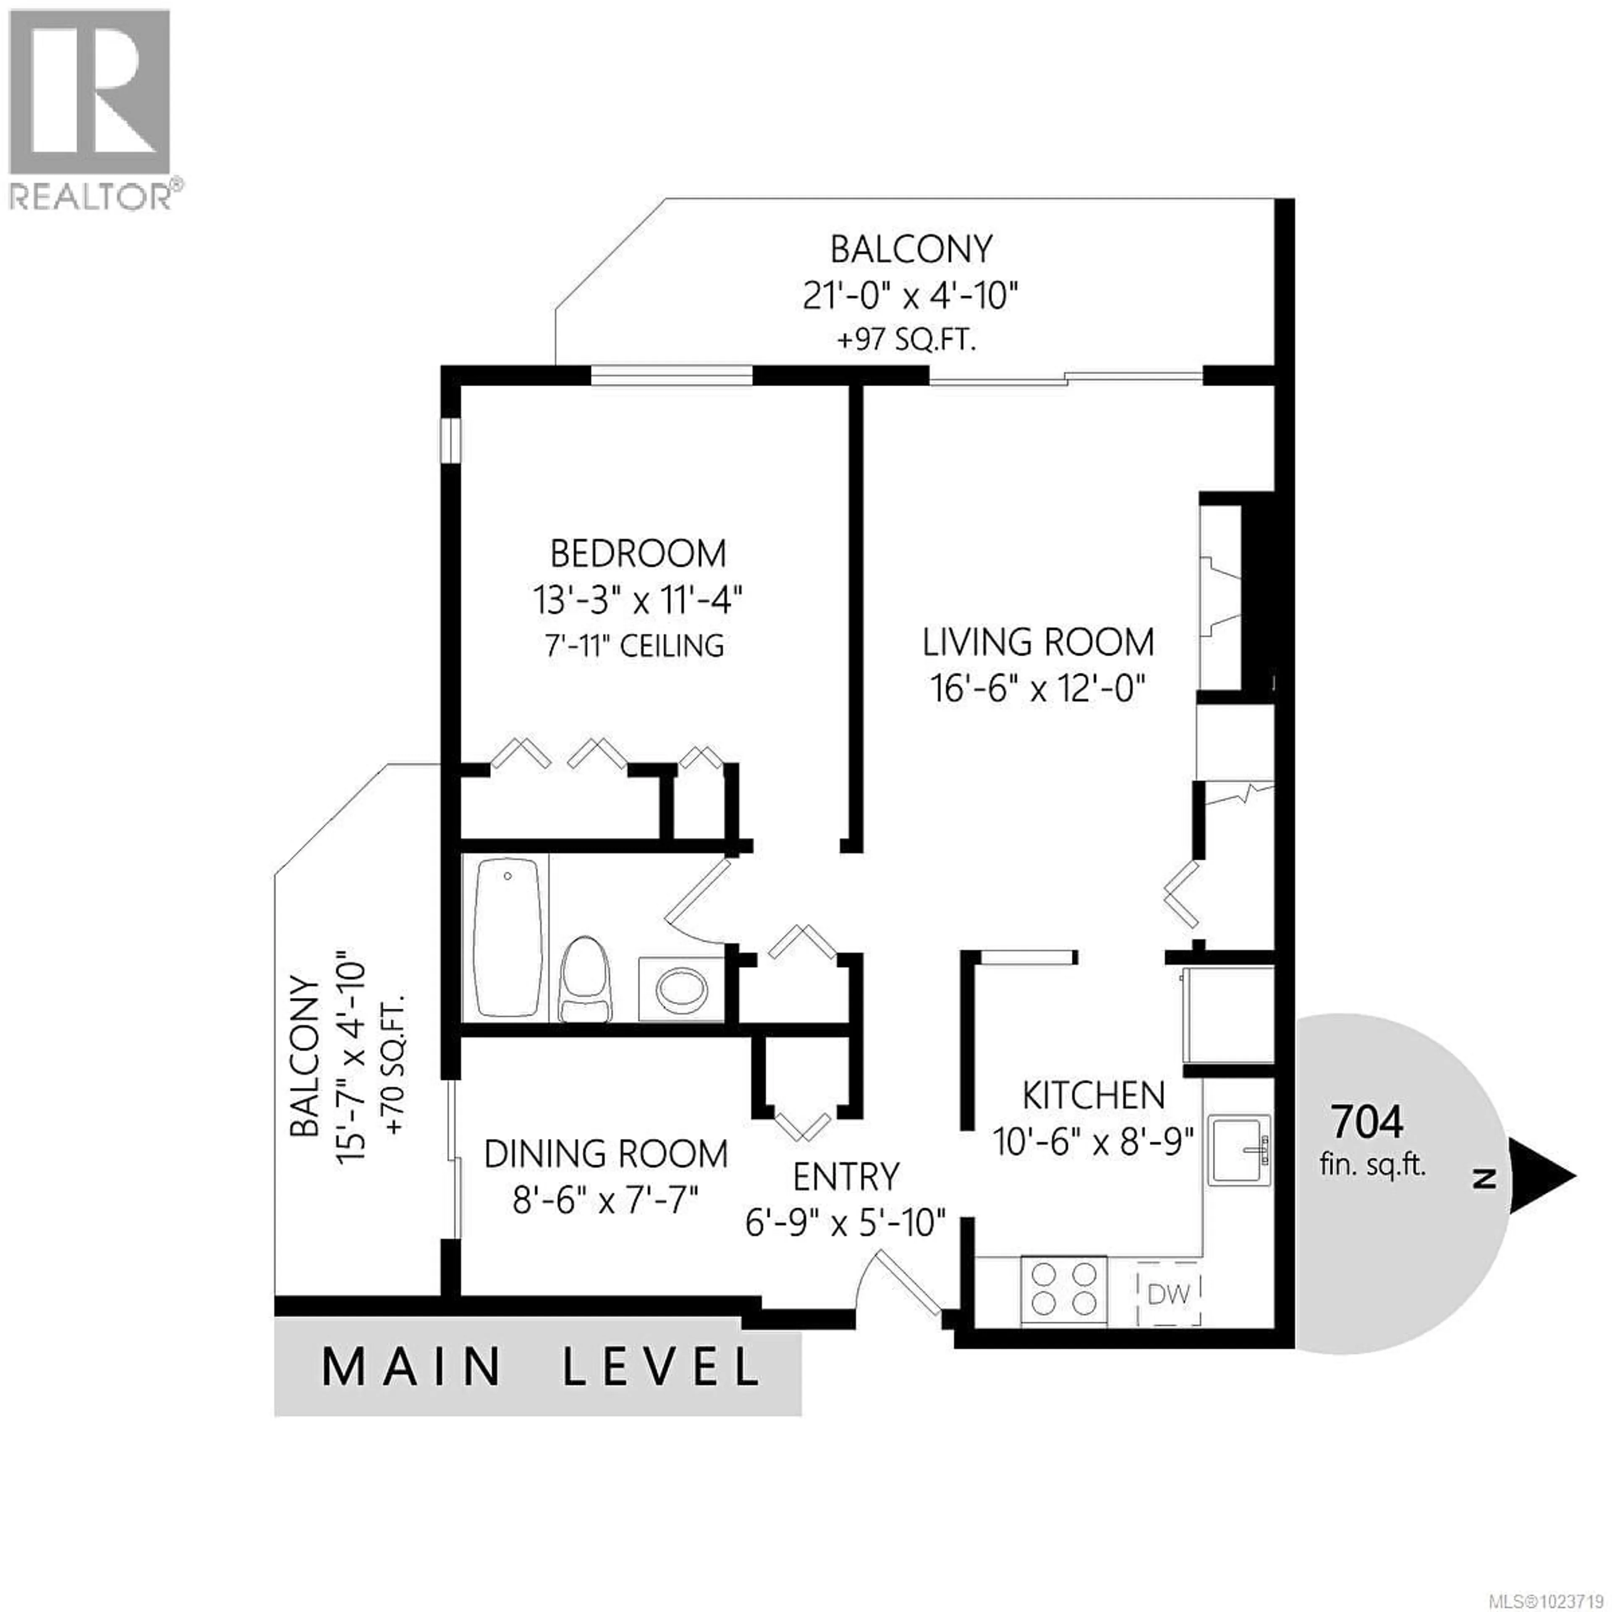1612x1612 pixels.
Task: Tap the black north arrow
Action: point(1542,1177)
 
